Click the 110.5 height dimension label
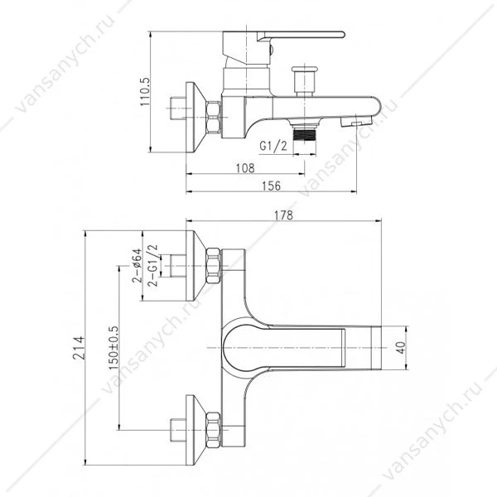tap(146, 92)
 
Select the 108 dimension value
tap(245, 168)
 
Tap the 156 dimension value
tap(272, 186)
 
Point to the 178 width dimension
tap(283, 215)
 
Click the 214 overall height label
tap(79, 348)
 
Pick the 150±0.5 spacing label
tap(113, 348)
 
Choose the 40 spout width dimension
tap(400, 348)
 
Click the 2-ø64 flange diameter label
tap(137, 266)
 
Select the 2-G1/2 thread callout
tap(152, 266)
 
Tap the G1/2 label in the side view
tap(273, 146)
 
